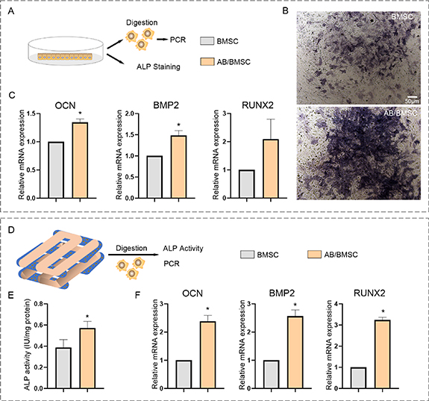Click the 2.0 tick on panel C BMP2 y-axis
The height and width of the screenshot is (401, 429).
140,114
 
